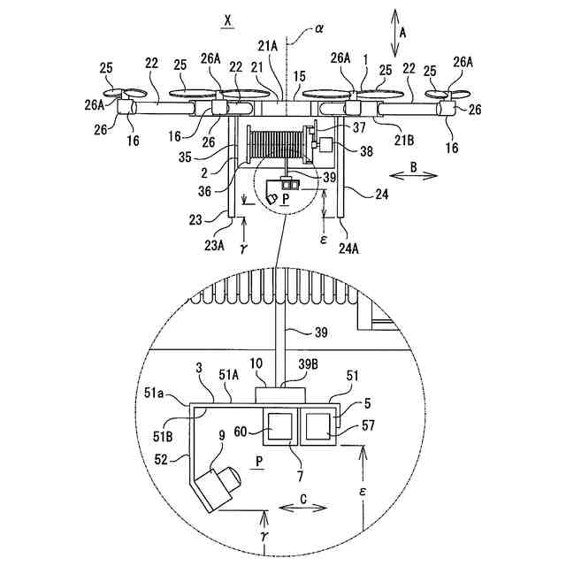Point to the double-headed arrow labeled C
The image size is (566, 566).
pos(302,508)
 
